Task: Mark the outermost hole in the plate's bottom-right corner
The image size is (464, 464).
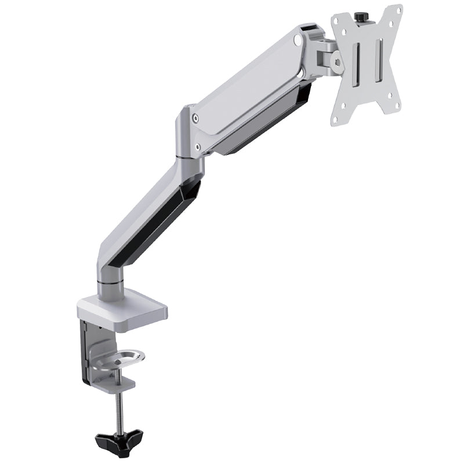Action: tap(396, 104)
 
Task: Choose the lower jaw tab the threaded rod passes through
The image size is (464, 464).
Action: tap(116, 383)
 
